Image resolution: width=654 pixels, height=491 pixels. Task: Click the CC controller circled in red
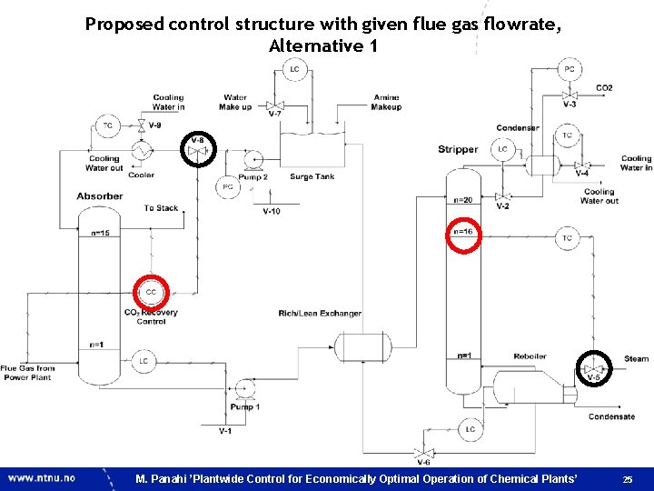point(151,292)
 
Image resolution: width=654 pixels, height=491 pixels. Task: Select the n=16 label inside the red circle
point(463,231)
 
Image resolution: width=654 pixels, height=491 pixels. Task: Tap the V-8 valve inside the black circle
point(198,148)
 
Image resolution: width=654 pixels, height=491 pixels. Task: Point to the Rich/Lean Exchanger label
point(320,314)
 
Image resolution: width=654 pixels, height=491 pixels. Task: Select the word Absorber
point(99,195)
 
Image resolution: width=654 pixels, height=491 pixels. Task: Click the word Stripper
point(458,149)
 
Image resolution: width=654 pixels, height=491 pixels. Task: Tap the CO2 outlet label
point(604,88)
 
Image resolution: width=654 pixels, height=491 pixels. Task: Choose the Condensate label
point(611,416)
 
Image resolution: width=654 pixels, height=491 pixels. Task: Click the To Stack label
point(161,208)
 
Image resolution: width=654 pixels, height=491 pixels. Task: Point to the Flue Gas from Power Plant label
point(28,373)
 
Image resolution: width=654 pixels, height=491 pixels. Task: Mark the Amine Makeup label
point(386,102)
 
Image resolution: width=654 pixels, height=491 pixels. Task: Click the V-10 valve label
point(271,211)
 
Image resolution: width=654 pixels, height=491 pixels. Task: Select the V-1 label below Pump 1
point(225,430)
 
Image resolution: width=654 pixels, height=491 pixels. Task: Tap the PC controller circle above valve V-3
point(569,69)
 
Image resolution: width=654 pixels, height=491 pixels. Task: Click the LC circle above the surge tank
point(293,69)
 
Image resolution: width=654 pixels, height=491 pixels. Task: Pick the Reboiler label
point(530,356)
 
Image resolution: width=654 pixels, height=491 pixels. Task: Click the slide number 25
point(628,478)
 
